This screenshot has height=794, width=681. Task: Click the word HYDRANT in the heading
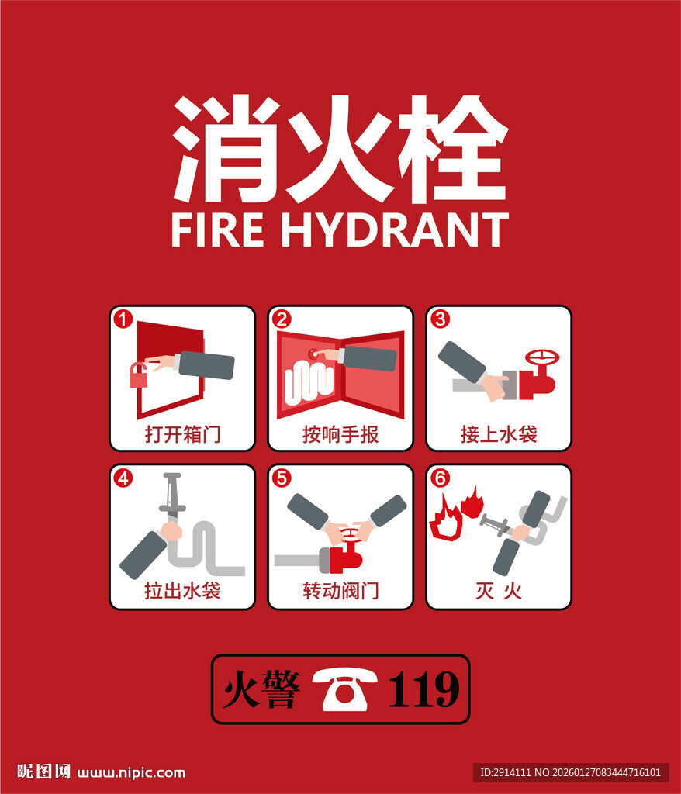pyautogui.click(x=395, y=230)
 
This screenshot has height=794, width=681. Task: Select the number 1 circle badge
pyautogui.click(x=123, y=319)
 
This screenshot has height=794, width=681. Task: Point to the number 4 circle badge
pyautogui.click(x=123, y=478)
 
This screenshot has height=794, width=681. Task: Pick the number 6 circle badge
pyautogui.click(x=440, y=478)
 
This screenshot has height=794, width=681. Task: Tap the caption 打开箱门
pyautogui.click(x=182, y=433)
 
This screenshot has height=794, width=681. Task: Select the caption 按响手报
pyautogui.click(x=340, y=433)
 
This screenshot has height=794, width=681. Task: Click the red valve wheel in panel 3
pyautogui.click(x=541, y=358)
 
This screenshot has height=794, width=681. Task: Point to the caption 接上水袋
pyautogui.click(x=499, y=433)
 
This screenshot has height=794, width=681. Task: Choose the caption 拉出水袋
pyautogui.click(x=182, y=591)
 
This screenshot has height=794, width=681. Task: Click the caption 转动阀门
pyautogui.click(x=340, y=591)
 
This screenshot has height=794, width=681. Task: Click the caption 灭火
pyautogui.click(x=499, y=591)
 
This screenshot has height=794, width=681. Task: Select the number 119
pyautogui.click(x=423, y=689)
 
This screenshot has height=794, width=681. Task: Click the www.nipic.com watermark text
pyautogui.click(x=132, y=772)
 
